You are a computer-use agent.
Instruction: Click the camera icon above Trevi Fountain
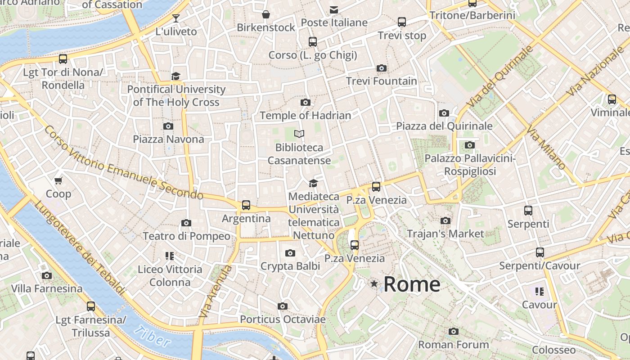coord(382,68)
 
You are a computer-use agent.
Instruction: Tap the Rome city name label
coord(412,284)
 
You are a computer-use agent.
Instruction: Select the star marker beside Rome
coord(374,283)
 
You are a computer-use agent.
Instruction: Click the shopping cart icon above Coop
coord(58,181)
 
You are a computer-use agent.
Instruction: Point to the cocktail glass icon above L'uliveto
coord(176,18)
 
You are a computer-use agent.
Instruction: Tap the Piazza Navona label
coord(168,139)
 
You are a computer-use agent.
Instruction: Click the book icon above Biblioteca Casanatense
coord(299,134)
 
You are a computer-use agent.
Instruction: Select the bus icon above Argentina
coord(246,205)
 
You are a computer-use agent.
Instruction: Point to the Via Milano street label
coord(546,149)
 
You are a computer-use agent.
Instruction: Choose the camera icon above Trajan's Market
coord(445,220)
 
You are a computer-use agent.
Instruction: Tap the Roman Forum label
coord(453,345)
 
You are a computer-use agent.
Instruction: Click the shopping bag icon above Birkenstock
coord(266,14)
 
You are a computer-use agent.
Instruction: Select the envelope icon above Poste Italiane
coord(334,9)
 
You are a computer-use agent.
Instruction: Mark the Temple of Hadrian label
coord(305,116)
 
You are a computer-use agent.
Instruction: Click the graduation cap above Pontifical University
coord(175,76)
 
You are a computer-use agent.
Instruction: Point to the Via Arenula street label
coord(216,291)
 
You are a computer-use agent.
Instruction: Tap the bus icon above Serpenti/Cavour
coord(540,252)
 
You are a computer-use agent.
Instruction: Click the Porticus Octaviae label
coord(283,319)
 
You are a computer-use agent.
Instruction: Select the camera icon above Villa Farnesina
coord(47,275)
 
